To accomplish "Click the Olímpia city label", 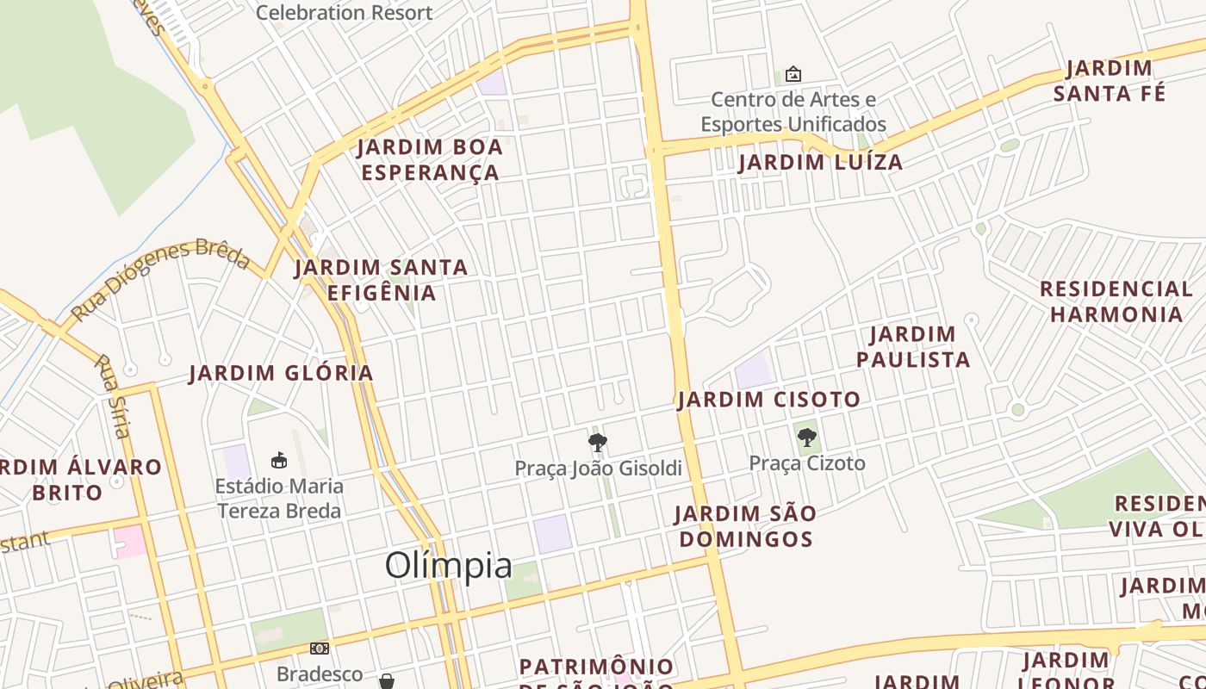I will (x=449, y=566).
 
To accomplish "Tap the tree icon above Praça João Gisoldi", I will (x=598, y=443).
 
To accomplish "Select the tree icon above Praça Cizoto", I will (x=807, y=438).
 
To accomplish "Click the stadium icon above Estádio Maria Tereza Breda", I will (x=279, y=460).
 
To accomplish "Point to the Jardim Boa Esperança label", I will (x=430, y=160).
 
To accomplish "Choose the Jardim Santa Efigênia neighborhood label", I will (x=382, y=280).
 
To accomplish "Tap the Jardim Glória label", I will (x=281, y=373).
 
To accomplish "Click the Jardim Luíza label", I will (x=820, y=162).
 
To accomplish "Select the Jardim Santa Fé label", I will (x=1110, y=80).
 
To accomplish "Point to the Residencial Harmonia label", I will (x=1116, y=301).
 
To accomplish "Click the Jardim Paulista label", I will (x=913, y=346).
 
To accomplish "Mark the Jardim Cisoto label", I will (x=768, y=400).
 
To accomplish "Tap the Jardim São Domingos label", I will (x=744, y=526).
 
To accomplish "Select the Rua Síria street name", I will (x=113, y=396).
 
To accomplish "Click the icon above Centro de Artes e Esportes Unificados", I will (x=793, y=75).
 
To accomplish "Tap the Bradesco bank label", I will (x=320, y=673).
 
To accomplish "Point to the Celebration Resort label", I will (x=344, y=12).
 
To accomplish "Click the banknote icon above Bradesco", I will (x=320, y=648).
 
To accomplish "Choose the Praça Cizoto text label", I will (x=807, y=463).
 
